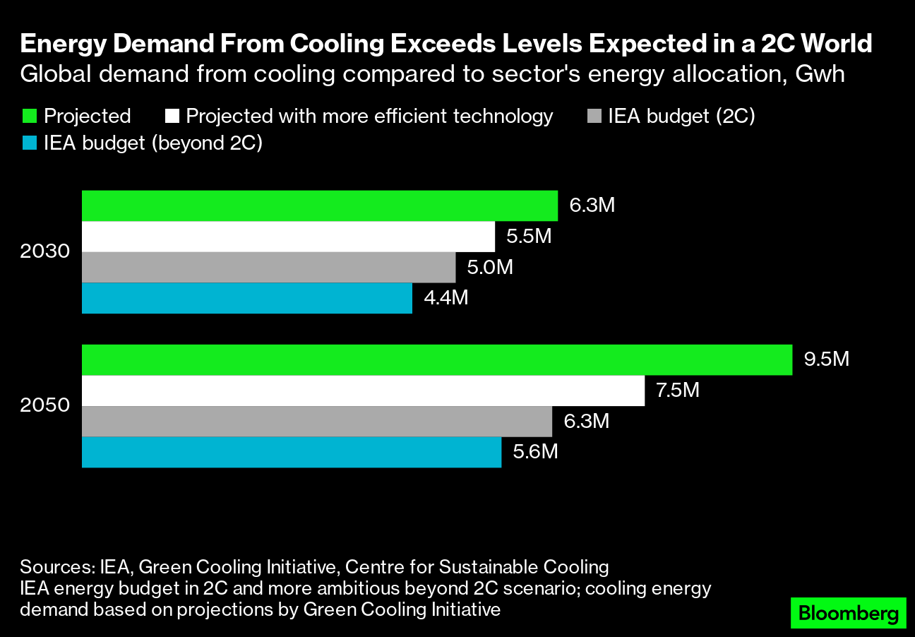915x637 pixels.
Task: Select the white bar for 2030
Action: tap(288, 237)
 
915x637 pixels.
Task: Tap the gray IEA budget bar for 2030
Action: tap(268, 268)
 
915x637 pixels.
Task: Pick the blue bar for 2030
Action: tap(246, 298)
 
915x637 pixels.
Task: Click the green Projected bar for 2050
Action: tap(436, 360)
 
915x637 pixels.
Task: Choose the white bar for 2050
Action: tap(363, 391)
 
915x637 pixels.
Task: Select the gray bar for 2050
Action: tap(316, 422)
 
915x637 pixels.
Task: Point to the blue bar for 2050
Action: tap(291, 452)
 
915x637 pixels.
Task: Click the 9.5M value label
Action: tap(826, 359)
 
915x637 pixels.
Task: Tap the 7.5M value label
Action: tap(677, 390)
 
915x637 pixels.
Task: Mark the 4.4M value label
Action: tap(445, 298)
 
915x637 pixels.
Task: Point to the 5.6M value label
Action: tap(535, 451)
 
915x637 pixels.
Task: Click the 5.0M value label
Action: tap(489, 268)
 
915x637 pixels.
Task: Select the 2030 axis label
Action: tap(45, 252)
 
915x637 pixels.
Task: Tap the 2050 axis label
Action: tap(45, 406)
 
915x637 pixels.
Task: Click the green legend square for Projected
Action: tap(29, 116)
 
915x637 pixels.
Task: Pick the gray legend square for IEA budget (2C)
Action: tap(594, 116)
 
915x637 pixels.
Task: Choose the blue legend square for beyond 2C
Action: tap(29, 143)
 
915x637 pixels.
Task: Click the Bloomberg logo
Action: tap(848, 613)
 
